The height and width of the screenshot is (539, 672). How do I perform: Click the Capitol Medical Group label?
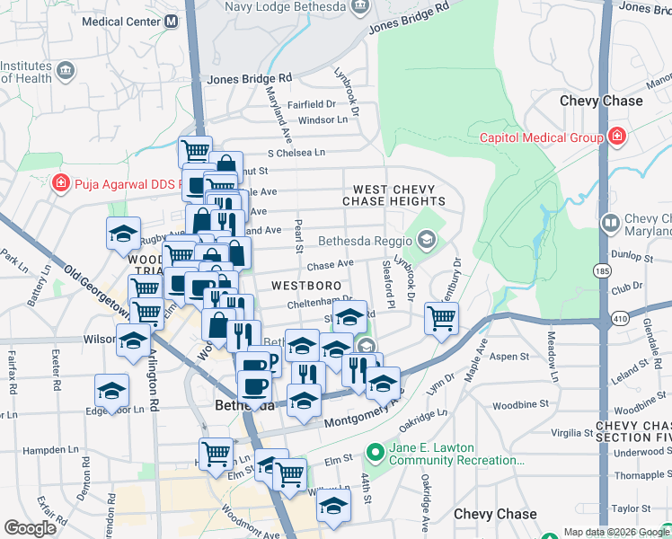pyautogui.click(x=541, y=137)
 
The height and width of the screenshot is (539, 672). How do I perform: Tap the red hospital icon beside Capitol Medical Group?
pyautogui.click(x=617, y=137)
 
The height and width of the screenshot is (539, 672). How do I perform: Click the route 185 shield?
pyautogui.click(x=597, y=269)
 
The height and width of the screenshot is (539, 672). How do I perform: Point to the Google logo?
pyautogui.click(x=30, y=528)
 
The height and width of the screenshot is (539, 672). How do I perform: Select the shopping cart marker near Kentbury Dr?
pyautogui.click(x=442, y=317)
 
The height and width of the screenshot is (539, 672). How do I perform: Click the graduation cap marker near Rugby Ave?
pyautogui.click(x=124, y=234)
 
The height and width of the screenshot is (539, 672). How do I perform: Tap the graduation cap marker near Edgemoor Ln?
pyautogui.click(x=112, y=390)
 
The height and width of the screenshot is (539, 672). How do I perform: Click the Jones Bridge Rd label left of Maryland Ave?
pyautogui.click(x=250, y=79)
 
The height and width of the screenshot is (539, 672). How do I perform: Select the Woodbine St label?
pyautogui.click(x=516, y=392)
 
